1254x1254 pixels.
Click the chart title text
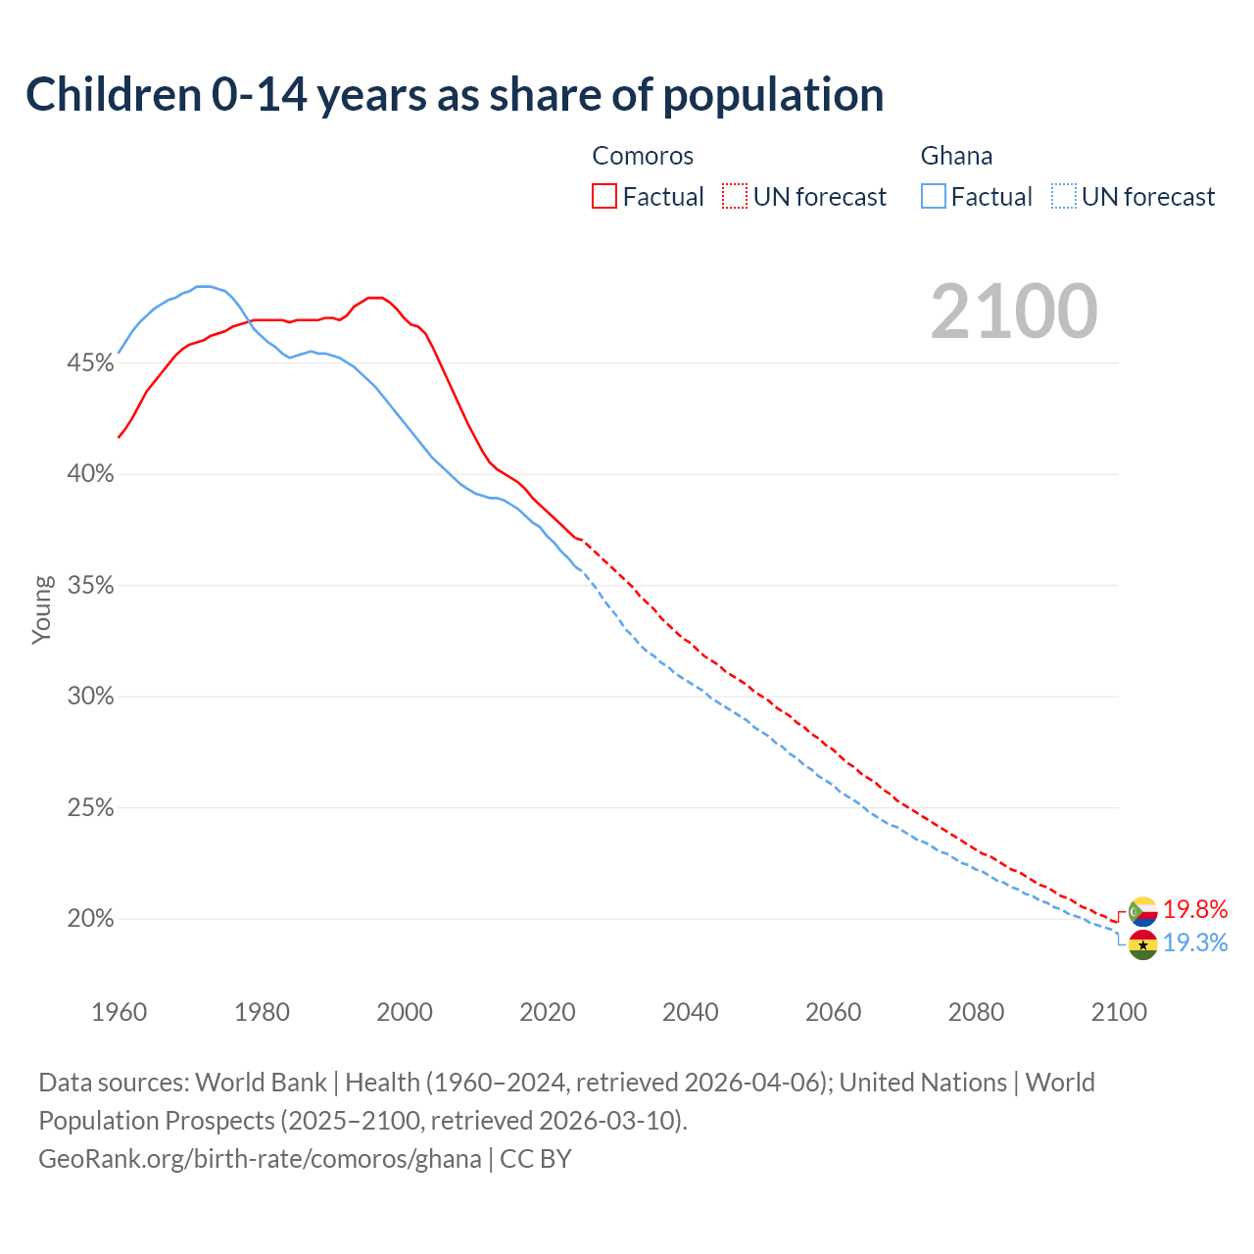click(x=455, y=95)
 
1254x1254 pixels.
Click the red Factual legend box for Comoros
click(x=604, y=196)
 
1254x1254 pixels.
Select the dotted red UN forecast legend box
click(x=734, y=196)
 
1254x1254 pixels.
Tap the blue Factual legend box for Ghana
click(x=934, y=196)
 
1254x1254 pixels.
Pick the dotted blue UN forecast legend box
click(x=1063, y=196)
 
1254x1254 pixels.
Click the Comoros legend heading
click(x=643, y=156)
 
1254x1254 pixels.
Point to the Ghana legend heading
click(x=956, y=156)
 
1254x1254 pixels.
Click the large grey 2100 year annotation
click(x=1014, y=312)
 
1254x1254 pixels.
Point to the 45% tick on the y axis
click(x=90, y=363)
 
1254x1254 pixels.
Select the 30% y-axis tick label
click(x=90, y=697)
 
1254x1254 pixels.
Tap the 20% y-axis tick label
click(x=90, y=919)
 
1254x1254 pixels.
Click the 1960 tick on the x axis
click(x=119, y=1012)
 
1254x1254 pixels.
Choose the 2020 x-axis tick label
click(x=548, y=1012)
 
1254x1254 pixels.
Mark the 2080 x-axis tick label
click(x=976, y=1012)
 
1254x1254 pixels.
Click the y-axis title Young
click(x=42, y=609)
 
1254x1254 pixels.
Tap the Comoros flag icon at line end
click(x=1142, y=911)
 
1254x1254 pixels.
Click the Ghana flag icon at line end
click(x=1142, y=944)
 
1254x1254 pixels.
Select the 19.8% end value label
click(x=1195, y=909)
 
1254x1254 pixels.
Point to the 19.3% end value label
click(x=1195, y=942)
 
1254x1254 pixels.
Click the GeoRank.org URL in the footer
click(x=260, y=1159)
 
